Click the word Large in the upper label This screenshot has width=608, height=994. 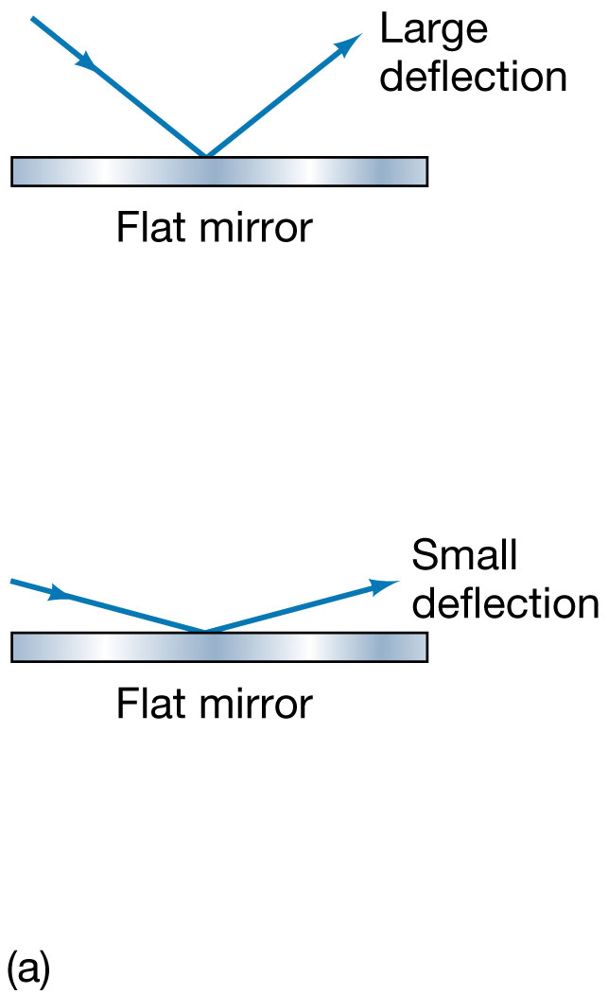[433, 31]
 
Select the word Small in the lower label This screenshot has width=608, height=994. [464, 556]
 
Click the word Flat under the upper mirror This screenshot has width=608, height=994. [148, 228]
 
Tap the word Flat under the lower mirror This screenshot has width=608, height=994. [148, 704]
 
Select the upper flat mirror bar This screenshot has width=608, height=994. [219, 171]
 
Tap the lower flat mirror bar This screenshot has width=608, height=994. [219, 647]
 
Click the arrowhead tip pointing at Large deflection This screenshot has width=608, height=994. [361, 35]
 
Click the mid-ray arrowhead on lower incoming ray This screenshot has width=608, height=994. [61, 595]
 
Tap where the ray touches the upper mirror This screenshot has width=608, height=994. [206, 155]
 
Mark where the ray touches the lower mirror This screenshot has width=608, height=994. [204, 631]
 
